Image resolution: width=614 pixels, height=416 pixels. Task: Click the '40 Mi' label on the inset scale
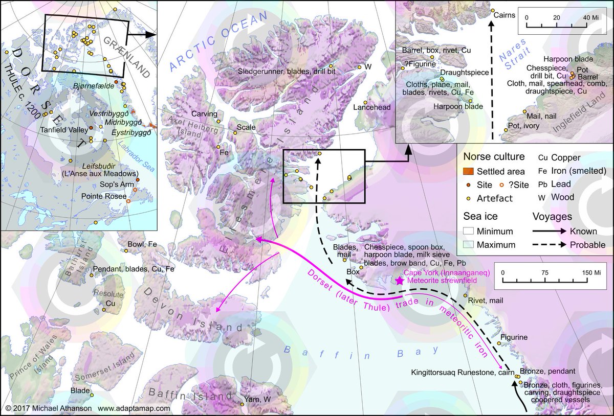592,17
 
